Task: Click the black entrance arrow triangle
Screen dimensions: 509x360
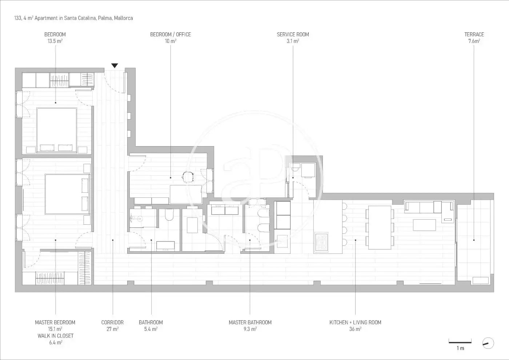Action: [x=115, y=65]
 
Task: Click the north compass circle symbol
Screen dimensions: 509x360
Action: [x=488, y=343]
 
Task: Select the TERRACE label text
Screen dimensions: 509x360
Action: [x=474, y=35]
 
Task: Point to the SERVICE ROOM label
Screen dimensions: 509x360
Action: [x=293, y=35]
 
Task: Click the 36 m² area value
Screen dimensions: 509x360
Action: [x=355, y=329]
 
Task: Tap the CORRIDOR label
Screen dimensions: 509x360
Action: [x=112, y=322]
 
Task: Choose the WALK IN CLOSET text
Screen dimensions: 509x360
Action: [x=55, y=336]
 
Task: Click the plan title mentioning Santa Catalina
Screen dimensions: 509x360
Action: [x=73, y=18]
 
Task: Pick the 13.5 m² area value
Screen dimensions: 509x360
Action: [x=55, y=41]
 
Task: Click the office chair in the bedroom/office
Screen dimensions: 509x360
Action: [x=188, y=177]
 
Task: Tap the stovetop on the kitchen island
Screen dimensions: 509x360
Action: [x=321, y=243]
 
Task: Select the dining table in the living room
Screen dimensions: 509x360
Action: [x=380, y=228]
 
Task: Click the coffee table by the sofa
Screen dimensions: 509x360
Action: [x=424, y=225]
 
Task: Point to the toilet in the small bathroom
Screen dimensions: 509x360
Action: [x=169, y=215]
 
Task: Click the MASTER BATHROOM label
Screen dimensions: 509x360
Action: [x=250, y=322]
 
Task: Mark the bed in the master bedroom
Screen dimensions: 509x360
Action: [x=68, y=194]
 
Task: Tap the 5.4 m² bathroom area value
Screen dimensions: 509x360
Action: [x=151, y=329]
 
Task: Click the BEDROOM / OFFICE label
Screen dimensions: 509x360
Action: [x=171, y=35]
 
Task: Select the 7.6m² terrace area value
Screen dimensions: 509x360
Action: [x=474, y=41]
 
